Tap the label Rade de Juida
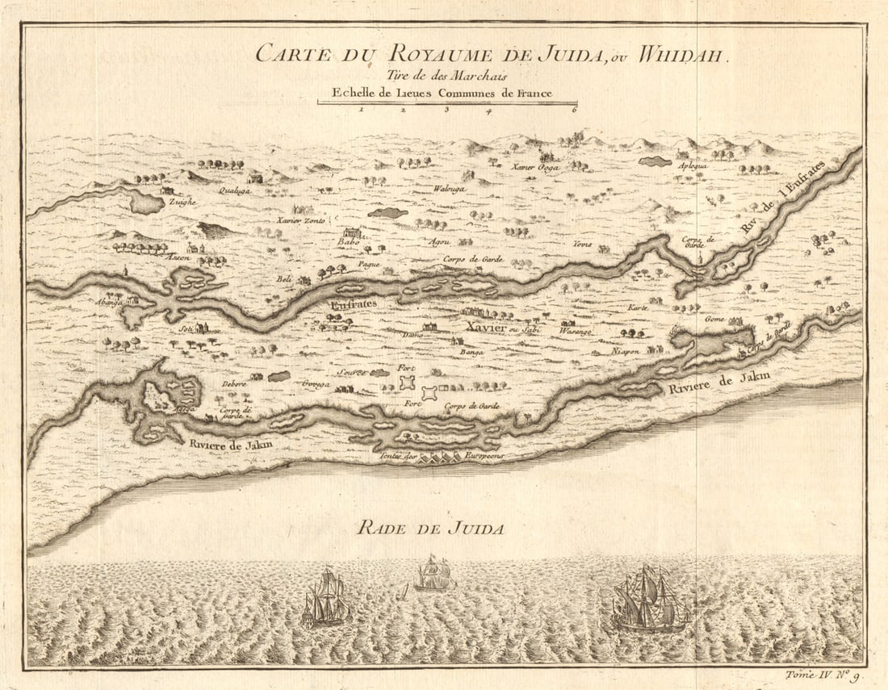coord(431,529)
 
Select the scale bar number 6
coord(574,110)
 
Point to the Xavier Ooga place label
coord(535,167)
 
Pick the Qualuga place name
coord(235,191)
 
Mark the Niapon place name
coord(626,350)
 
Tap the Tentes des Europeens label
coord(441,457)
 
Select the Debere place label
coord(234,384)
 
